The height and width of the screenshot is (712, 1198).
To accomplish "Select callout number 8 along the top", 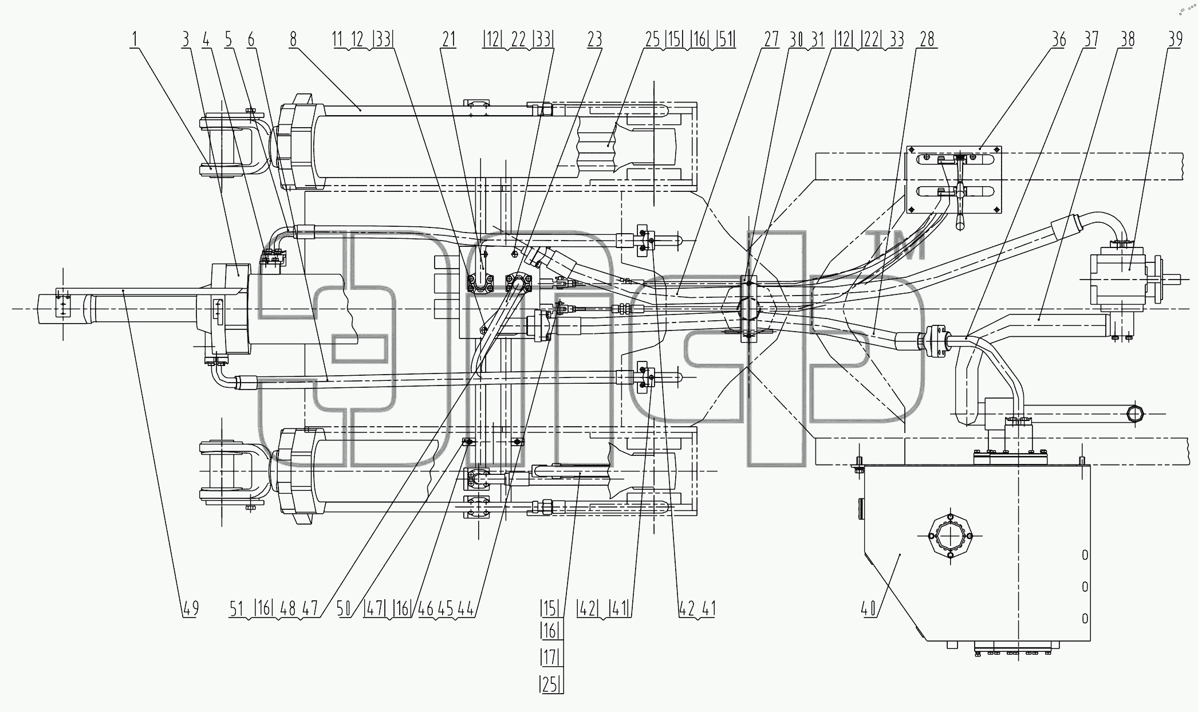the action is coord(293,40).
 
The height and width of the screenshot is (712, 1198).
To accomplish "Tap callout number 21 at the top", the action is coord(448,40).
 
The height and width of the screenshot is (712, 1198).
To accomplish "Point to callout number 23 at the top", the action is coord(594,40).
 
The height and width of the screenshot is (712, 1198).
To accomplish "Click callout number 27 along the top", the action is coord(771,40).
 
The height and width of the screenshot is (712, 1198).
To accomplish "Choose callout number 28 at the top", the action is coord(926,40).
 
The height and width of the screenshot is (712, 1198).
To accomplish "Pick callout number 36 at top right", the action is coord(1058,40).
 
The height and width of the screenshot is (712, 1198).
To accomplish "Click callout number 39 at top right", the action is coord(1175,40).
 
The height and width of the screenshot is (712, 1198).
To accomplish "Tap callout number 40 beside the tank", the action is coord(869,608).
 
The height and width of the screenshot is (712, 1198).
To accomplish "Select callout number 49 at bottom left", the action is coord(191,608).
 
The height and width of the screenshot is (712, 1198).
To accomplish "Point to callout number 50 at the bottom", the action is coord(344,608).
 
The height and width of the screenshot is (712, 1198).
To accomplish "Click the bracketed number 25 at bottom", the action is coord(550,684).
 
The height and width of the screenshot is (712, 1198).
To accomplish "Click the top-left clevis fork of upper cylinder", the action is coord(231,146).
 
